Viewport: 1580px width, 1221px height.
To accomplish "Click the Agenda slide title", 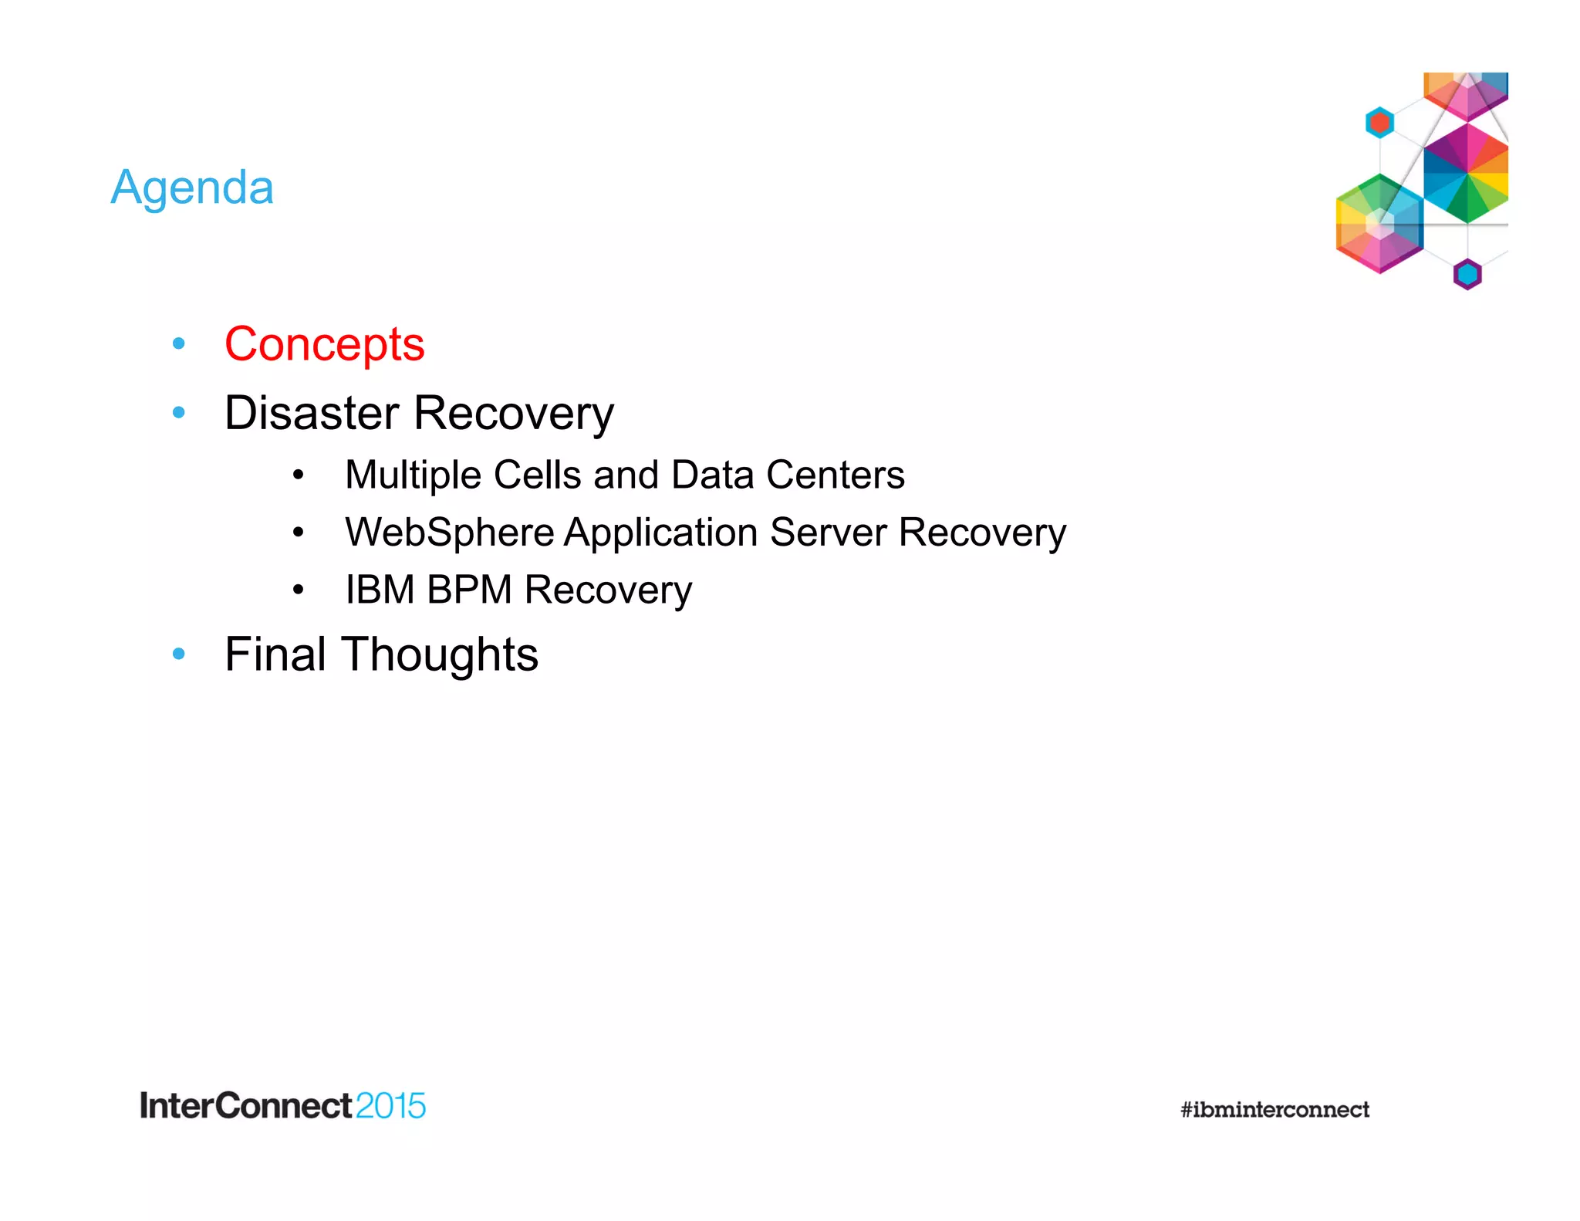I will click(x=192, y=188).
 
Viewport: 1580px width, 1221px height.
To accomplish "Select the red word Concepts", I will click(x=324, y=343).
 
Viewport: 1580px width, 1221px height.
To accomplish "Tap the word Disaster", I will click(x=313, y=413).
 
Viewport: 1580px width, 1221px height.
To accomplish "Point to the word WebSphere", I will click(x=450, y=533).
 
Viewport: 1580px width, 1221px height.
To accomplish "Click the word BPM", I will click(x=469, y=590).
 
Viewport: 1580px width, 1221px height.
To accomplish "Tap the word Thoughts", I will click(x=440, y=654).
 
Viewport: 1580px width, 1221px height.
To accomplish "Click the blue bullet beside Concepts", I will click(x=179, y=343).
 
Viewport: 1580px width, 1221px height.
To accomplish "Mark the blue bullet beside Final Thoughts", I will click(x=179, y=654).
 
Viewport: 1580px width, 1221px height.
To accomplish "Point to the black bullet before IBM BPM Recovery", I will click(x=299, y=590).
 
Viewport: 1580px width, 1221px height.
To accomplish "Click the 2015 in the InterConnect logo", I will click(x=390, y=1106).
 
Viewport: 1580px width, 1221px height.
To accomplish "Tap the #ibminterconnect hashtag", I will click(x=1274, y=1110).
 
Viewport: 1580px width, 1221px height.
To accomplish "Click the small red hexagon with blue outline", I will click(x=1379, y=122).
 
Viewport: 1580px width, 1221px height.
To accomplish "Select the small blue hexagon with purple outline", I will click(x=1467, y=274).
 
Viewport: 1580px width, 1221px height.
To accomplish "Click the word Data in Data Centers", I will click(x=712, y=475).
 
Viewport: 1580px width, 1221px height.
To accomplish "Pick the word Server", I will click(x=828, y=533).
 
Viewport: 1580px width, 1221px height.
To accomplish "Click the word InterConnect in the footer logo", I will click(x=245, y=1106).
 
